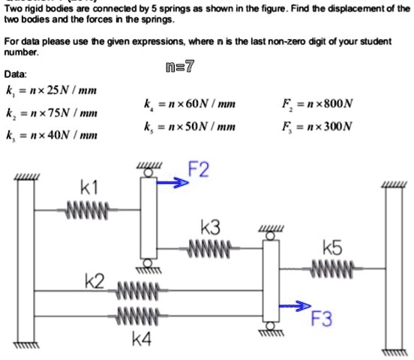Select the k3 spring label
coord(211,227)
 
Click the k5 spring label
coord(332,247)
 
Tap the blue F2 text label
coord(198,172)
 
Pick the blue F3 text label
coord(321,320)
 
